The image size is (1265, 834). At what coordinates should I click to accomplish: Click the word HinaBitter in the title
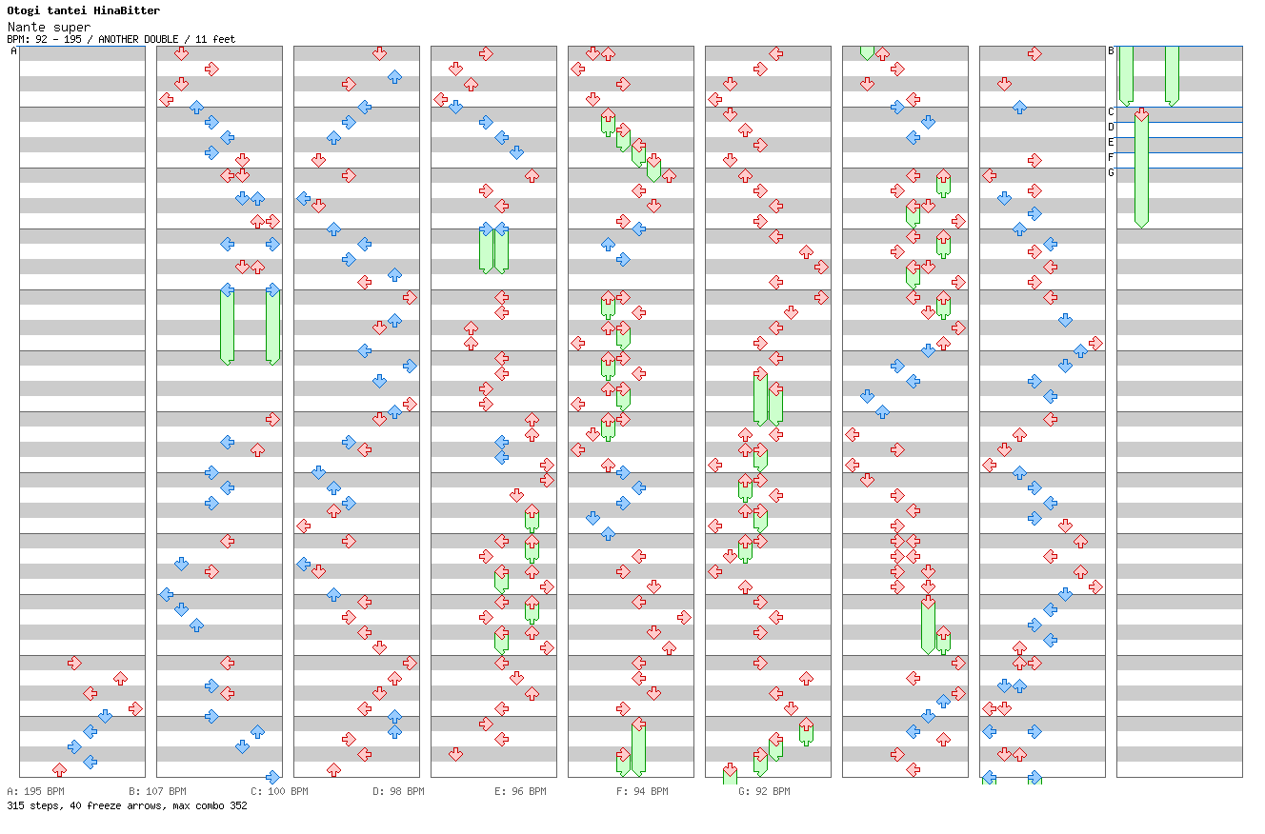[128, 10]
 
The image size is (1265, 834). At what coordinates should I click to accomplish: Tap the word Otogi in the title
[24, 10]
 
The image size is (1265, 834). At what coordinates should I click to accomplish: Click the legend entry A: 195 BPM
[35, 791]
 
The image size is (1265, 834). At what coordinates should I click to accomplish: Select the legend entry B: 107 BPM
[157, 791]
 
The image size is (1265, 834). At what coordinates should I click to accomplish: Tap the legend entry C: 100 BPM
[279, 791]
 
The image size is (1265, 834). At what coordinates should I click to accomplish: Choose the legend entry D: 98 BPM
[398, 791]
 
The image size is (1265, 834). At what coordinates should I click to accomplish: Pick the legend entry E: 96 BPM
[520, 791]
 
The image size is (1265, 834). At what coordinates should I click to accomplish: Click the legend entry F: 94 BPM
[642, 791]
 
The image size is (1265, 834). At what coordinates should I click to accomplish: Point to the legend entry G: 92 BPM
[764, 791]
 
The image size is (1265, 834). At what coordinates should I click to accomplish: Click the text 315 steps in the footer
[30, 805]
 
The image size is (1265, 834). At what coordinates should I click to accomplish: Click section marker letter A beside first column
[13, 51]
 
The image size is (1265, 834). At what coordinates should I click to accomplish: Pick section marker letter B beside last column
[1111, 51]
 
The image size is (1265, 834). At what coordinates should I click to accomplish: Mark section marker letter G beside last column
[1111, 173]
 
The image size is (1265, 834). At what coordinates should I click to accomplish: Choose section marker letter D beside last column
[1111, 128]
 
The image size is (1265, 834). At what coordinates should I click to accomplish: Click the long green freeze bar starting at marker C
[1141, 171]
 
